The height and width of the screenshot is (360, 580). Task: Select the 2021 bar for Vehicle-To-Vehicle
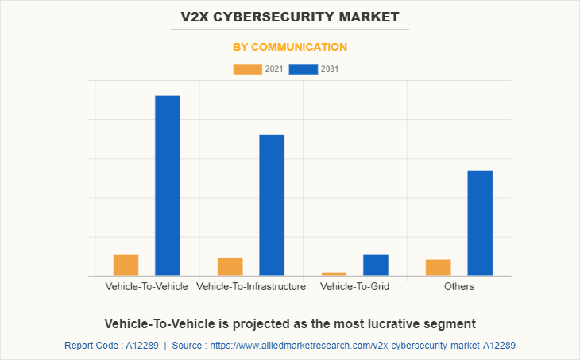[126, 265]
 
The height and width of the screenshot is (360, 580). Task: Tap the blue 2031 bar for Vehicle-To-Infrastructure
[272, 205]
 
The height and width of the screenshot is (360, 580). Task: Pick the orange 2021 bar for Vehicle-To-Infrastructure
[230, 267]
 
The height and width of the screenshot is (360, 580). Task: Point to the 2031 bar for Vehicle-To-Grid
[376, 265]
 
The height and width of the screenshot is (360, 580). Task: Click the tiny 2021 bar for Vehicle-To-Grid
[334, 273]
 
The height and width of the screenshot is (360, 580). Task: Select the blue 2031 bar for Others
[480, 223]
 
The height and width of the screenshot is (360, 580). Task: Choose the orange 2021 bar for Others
[439, 268]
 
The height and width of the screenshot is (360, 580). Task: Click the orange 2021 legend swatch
[247, 69]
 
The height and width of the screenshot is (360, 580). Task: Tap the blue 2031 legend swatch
[304, 69]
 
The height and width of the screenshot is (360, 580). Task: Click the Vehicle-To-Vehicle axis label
[147, 286]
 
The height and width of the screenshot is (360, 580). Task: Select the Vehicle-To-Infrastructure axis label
[251, 286]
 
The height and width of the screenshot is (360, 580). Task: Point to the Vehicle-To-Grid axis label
[354, 286]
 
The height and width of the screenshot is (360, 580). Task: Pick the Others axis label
[459, 286]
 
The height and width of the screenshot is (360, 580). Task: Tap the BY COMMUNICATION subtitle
[290, 47]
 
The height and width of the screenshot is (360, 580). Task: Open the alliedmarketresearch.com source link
[366, 346]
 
